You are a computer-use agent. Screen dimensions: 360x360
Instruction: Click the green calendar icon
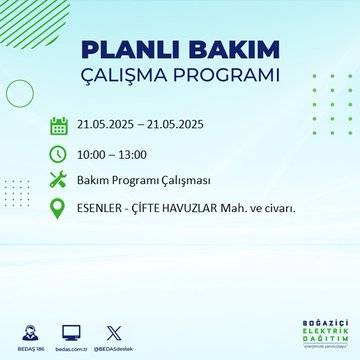[x=58, y=126]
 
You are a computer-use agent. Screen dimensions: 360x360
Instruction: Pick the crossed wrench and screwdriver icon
[x=58, y=180]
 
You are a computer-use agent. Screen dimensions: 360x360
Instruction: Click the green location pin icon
[x=58, y=208]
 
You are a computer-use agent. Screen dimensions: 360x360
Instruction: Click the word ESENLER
[x=101, y=208]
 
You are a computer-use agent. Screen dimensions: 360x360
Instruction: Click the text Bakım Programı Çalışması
[x=140, y=180]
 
